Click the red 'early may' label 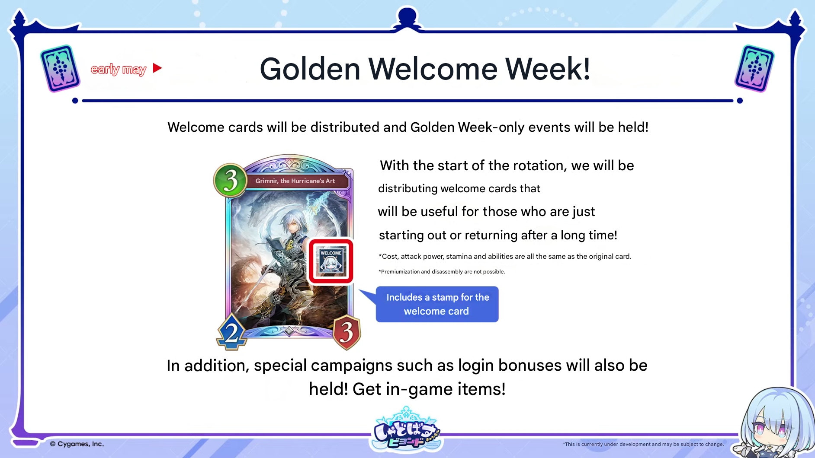(x=119, y=69)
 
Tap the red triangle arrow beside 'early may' (x=157, y=68)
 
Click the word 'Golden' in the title (x=310, y=69)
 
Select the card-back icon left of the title (x=60, y=68)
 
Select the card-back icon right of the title (x=754, y=68)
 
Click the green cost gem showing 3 (x=230, y=180)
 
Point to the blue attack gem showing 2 (x=232, y=332)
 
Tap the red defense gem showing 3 (x=347, y=332)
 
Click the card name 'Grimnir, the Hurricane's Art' (x=295, y=181)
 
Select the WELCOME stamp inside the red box (x=331, y=261)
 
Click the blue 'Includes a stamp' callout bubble (x=437, y=304)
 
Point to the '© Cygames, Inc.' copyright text (x=77, y=444)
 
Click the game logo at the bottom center (x=406, y=430)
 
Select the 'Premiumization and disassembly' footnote (x=442, y=272)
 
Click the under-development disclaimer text (x=643, y=444)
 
